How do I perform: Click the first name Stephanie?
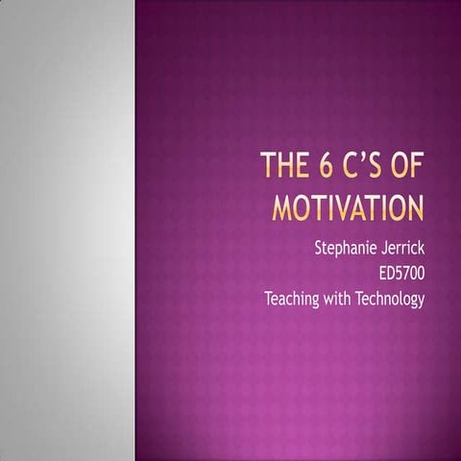[347, 248]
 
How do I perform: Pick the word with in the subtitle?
[344, 299]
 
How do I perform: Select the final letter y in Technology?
[421, 301]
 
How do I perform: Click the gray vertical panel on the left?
[67, 230]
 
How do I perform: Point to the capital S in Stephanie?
[319, 248]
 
